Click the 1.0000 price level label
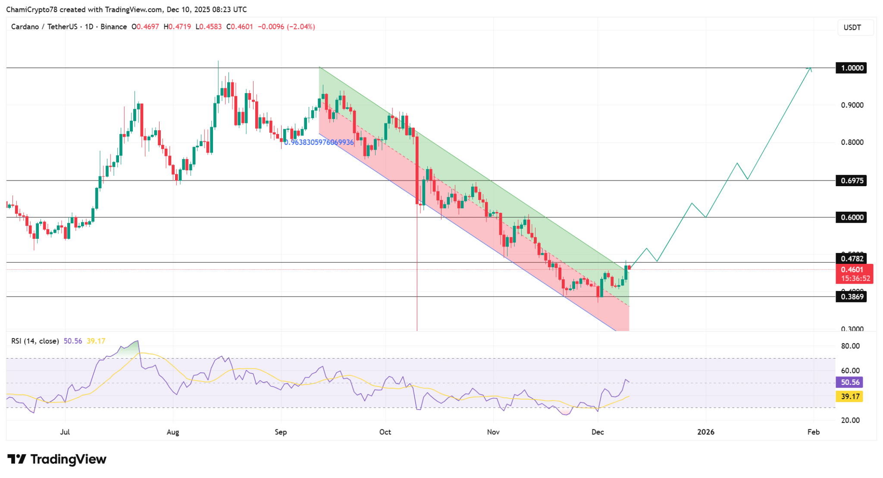[x=851, y=68]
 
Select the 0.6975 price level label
[x=851, y=181]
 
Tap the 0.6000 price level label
[x=851, y=217]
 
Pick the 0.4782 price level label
[x=851, y=259]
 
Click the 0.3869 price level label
[x=851, y=297]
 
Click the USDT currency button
[x=852, y=28]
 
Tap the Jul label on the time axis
[x=65, y=432]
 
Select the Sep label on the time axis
[x=281, y=432]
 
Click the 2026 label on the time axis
[x=706, y=432]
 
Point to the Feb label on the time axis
[x=813, y=432]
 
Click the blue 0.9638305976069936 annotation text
[x=319, y=142]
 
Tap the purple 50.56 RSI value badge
[x=850, y=382]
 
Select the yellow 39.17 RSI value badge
[x=850, y=397]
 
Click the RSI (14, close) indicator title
[x=35, y=341]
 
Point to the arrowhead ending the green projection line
[x=811, y=69]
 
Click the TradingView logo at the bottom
[x=57, y=459]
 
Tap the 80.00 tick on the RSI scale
[x=850, y=346]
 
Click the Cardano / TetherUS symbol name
[x=44, y=27]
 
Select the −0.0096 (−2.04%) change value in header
[x=286, y=27]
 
